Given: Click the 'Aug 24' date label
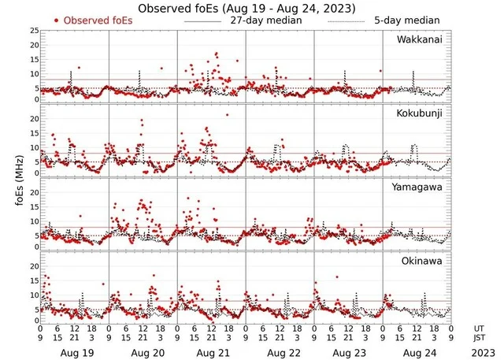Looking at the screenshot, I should tap(417, 353).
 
